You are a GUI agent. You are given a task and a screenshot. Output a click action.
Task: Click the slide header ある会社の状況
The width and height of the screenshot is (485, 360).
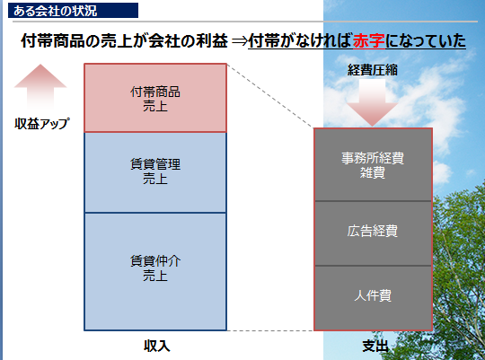[x=55, y=11]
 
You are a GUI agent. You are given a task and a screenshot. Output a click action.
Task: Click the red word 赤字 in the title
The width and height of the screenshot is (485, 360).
[x=369, y=40]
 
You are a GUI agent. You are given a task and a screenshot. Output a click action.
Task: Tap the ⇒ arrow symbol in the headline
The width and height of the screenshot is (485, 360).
[x=239, y=40]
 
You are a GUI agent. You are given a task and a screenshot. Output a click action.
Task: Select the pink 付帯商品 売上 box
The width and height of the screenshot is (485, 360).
[x=155, y=98]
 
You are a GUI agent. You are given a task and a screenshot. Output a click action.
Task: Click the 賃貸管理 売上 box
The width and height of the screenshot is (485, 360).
[x=155, y=172]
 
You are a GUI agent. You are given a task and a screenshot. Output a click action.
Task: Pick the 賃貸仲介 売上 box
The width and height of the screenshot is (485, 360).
[x=155, y=271]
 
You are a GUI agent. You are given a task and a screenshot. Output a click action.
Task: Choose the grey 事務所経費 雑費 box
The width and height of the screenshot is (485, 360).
[x=373, y=164]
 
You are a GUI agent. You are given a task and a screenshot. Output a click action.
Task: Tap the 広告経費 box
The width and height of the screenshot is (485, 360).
[x=373, y=233]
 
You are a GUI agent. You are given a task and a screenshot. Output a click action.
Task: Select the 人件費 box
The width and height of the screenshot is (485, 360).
[x=373, y=298]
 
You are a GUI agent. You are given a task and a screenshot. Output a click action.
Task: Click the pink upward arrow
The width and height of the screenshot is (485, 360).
[x=40, y=86]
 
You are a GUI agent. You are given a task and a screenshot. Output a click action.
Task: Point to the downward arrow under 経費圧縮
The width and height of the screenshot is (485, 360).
[x=372, y=102]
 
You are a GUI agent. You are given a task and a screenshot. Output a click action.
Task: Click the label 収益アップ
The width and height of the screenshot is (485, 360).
[x=42, y=124]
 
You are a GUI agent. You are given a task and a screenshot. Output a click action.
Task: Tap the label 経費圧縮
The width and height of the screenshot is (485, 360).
[x=373, y=70]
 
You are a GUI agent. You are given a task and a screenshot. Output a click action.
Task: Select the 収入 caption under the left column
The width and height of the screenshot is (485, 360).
[x=157, y=346]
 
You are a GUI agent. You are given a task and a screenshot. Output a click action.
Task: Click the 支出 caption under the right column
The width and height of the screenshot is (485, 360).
[x=375, y=346]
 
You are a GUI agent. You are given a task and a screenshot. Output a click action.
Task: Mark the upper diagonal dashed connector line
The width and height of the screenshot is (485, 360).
[x=270, y=96]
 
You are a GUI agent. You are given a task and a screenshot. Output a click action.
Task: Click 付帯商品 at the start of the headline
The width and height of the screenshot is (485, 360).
[x=53, y=40]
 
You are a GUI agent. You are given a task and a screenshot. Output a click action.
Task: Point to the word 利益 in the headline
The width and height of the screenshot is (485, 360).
[x=212, y=40]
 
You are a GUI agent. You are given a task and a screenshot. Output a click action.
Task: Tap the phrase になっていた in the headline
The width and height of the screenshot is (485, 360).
[x=426, y=40]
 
